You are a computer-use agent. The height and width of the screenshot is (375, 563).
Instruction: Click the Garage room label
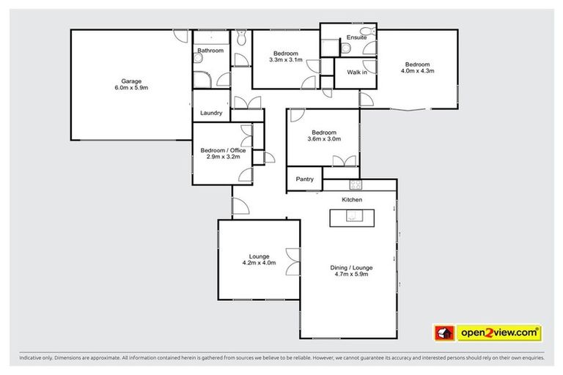tap(131, 81)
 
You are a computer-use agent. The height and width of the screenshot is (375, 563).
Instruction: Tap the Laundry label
tap(211, 114)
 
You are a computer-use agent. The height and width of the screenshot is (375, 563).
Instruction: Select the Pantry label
tap(305, 179)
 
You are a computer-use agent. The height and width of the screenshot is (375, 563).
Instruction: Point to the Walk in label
tap(356, 72)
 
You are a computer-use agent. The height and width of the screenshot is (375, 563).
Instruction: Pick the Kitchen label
tap(352, 199)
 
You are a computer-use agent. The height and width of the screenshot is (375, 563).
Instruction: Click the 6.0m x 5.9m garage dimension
tap(131, 88)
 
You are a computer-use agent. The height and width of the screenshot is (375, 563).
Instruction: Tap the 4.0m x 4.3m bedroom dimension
tap(418, 71)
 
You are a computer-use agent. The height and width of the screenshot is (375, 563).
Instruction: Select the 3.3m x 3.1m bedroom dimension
tap(285, 60)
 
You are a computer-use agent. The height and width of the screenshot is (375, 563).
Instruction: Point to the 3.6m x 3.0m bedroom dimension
tap(323, 139)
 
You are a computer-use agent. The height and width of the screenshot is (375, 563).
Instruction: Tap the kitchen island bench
tap(351, 218)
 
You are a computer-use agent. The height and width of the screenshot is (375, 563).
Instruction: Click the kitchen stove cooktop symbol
tap(356, 185)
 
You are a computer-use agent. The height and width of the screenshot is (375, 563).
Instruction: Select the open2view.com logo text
tap(499, 333)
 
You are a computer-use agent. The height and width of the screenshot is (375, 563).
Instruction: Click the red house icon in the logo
tap(444, 333)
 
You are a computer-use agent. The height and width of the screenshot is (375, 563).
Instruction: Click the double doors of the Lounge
tap(294, 261)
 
